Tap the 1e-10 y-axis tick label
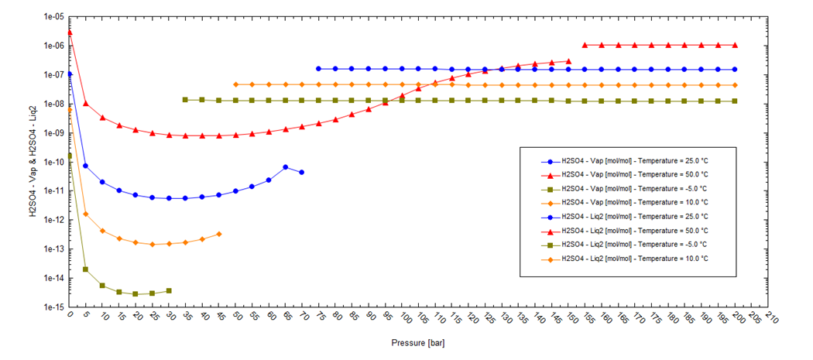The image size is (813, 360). click(x=53, y=162)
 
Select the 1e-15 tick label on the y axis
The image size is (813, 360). click(x=53, y=307)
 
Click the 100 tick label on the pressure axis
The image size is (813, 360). click(x=403, y=319)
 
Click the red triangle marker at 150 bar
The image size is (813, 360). click(x=569, y=60)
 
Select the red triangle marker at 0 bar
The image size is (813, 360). click(x=70, y=33)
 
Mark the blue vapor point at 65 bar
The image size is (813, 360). click(x=285, y=166)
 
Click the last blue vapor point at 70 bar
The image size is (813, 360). click(x=302, y=172)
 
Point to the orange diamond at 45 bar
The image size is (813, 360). click(x=219, y=234)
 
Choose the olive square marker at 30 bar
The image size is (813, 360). click(x=169, y=291)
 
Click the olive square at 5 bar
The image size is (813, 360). click(x=86, y=269)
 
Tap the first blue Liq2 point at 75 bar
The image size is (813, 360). click(x=318, y=69)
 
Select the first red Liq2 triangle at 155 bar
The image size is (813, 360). click(x=585, y=45)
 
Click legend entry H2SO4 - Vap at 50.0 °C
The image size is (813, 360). click(x=634, y=175)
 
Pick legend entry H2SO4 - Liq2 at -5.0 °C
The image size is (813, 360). click(x=634, y=245)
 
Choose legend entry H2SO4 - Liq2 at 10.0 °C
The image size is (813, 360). click(x=634, y=259)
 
